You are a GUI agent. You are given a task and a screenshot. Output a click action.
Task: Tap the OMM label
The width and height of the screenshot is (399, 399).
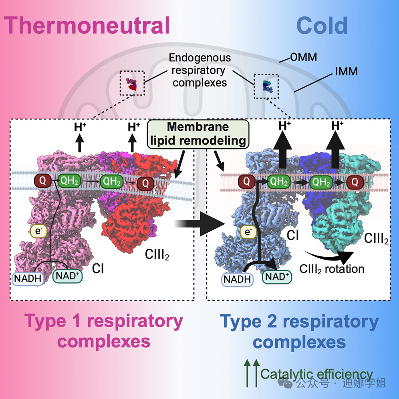point(303,57)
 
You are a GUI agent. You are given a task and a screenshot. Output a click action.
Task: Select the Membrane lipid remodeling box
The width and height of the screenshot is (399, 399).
point(197,133)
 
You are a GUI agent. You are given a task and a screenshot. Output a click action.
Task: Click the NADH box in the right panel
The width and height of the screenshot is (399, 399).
point(237,279)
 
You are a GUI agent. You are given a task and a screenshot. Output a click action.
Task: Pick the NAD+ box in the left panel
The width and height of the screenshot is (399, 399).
point(68,276)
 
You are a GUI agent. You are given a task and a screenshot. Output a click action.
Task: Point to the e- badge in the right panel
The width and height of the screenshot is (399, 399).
point(248,232)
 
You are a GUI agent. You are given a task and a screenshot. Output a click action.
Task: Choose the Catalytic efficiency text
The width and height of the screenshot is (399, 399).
point(316,374)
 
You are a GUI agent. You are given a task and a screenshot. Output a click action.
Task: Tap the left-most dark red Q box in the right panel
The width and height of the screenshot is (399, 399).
point(246,181)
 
